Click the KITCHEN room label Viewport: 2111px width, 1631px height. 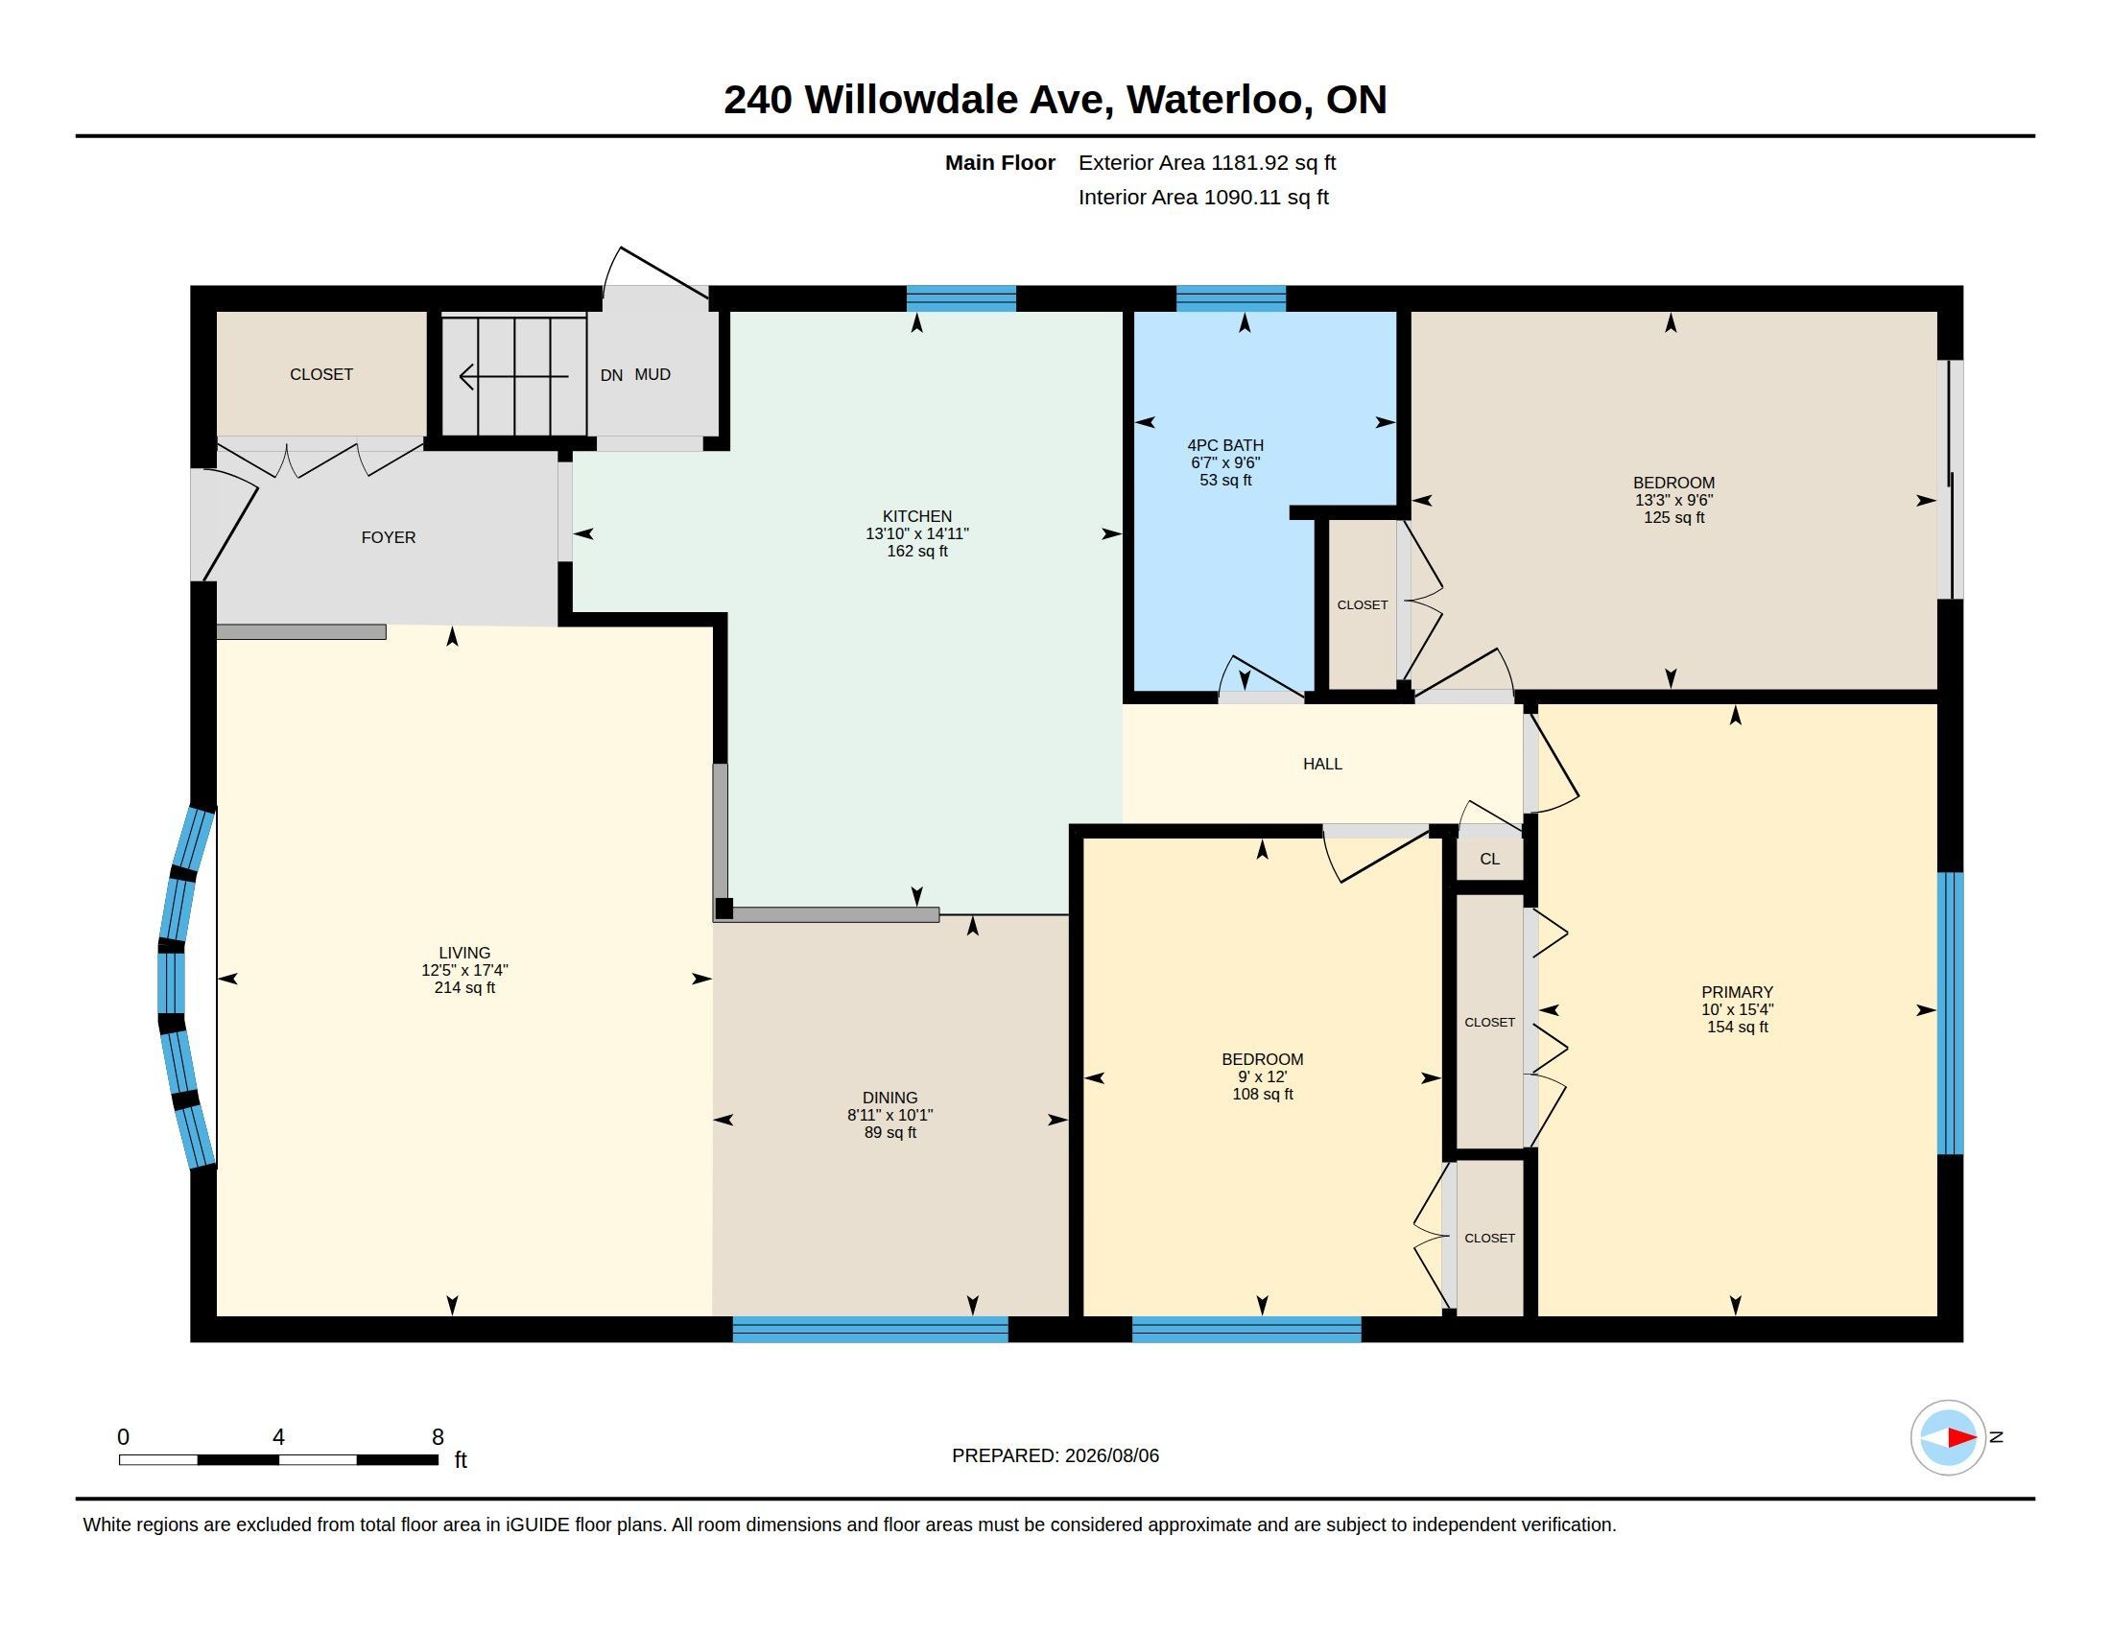[x=916, y=516]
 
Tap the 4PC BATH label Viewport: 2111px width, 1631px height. [x=1224, y=445]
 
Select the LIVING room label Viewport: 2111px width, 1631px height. [x=464, y=953]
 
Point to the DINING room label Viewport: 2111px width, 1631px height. [x=889, y=1098]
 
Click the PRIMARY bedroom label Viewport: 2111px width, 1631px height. [x=1737, y=992]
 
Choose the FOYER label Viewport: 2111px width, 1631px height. [x=388, y=537]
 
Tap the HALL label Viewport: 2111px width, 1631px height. [x=1322, y=765]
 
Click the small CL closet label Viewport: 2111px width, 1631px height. [x=1489, y=859]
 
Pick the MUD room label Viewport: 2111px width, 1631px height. [x=652, y=375]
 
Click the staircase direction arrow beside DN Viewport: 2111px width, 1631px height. [x=513, y=376]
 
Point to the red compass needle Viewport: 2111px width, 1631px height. [x=1961, y=1438]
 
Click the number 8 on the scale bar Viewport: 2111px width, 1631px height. [x=437, y=1437]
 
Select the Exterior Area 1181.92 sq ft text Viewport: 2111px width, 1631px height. [x=1207, y=163]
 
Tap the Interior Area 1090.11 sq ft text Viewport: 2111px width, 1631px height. [x=1203, y=198]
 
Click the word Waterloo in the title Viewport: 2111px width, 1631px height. [x=1214, y=100]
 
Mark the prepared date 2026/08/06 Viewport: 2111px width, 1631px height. [x=1111, y=1455]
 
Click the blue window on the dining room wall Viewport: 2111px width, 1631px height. [x=870, y=1330]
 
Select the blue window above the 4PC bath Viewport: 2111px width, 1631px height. [x=1230, y=297]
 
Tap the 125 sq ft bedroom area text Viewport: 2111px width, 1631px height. [x=1674, y=518]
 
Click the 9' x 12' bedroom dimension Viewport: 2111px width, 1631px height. [x=1263, y=1076]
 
